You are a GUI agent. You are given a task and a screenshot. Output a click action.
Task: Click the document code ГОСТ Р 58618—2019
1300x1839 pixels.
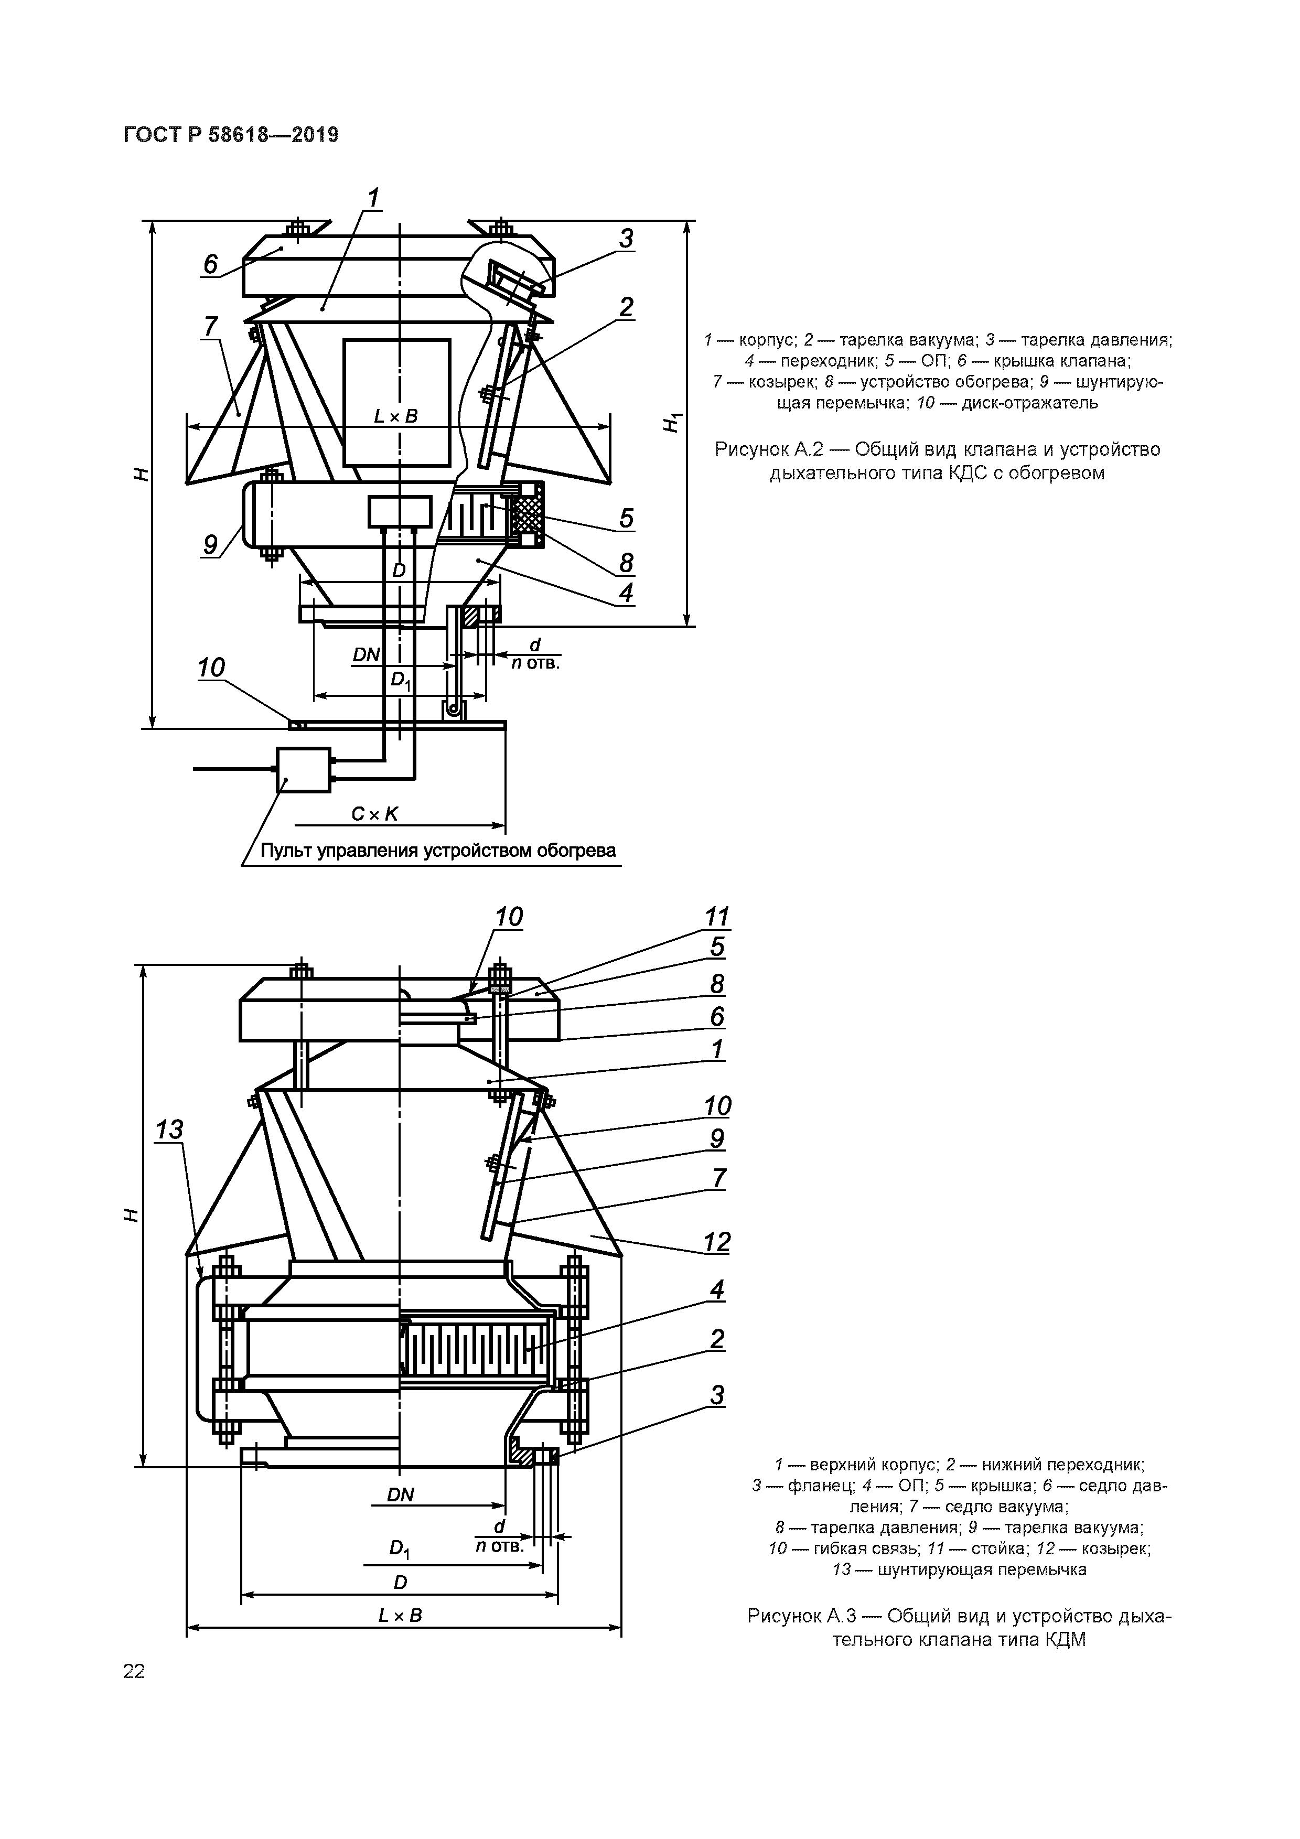tap(231, 135)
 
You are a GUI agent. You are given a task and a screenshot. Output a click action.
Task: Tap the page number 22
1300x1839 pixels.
tap(134, 1671)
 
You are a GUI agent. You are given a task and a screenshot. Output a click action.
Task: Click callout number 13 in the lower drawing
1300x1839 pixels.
tap(169, 1130)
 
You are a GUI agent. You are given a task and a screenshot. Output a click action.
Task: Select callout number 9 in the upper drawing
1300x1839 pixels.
tap(210, 545)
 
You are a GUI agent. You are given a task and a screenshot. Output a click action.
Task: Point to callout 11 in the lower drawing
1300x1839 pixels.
tap(717, 916)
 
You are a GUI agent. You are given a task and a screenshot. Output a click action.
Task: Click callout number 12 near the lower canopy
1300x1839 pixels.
tap(717, 1242)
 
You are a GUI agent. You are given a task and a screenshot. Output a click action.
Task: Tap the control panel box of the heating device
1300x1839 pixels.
tap(303, 770)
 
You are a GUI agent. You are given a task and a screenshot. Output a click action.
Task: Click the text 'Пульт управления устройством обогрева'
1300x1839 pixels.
tap(438, 850)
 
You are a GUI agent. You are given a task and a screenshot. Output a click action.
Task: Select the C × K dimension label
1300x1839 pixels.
tap(374, 814)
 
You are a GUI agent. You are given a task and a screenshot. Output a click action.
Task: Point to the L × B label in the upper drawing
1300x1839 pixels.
tap(396, 416)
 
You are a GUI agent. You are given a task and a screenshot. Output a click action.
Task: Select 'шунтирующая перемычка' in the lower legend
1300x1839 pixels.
tap(982, 1568)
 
